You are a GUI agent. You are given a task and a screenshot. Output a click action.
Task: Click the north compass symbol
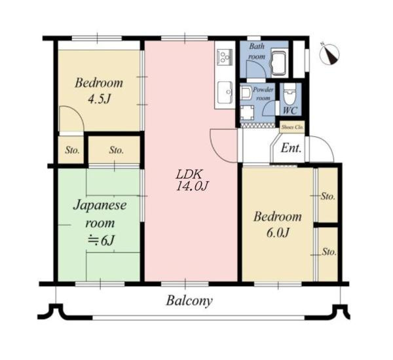coord(330,54)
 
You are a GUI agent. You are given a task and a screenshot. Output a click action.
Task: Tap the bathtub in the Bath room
coord(278,63)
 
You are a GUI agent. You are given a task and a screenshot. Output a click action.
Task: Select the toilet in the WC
coord(290,94)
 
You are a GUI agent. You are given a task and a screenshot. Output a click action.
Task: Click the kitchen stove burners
coord(225,57)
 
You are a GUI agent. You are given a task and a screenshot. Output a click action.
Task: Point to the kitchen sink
coord(225,92)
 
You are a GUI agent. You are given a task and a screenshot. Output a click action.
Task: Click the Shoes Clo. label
coord(292,127)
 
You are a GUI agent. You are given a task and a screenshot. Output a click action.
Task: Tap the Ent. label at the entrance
coord(291,148)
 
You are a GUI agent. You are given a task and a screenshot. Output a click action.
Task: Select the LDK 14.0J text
coord(192,180)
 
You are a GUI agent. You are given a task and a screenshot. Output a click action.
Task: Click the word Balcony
coord(189,300)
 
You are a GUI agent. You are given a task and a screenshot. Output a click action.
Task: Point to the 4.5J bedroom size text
coord(99,99)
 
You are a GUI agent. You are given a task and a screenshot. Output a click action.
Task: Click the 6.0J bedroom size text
coord(278,233)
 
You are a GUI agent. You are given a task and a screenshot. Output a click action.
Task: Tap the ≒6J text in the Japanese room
coord(101,240)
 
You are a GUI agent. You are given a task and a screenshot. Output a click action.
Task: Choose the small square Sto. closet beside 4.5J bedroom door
coord(71,150)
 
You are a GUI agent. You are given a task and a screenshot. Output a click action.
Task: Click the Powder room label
coord(263,94)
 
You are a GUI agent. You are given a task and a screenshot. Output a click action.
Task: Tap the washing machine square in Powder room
coord(247,113)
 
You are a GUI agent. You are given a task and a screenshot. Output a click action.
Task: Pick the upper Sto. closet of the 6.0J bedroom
coord(328,195)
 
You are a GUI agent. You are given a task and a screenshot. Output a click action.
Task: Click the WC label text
coord(290,110)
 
